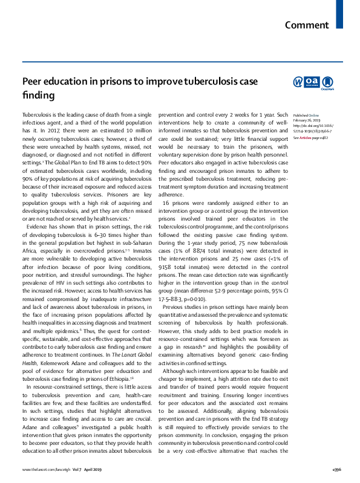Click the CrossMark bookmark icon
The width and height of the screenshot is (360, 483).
tap(327, 82)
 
